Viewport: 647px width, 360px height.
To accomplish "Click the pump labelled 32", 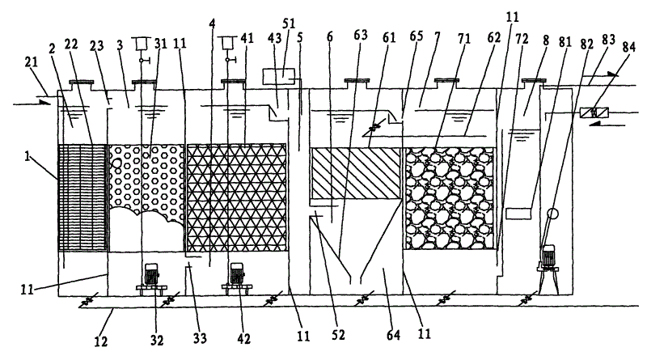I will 150,276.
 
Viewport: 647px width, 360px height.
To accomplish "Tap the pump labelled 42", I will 236,276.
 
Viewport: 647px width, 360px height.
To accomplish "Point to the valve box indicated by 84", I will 595,112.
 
